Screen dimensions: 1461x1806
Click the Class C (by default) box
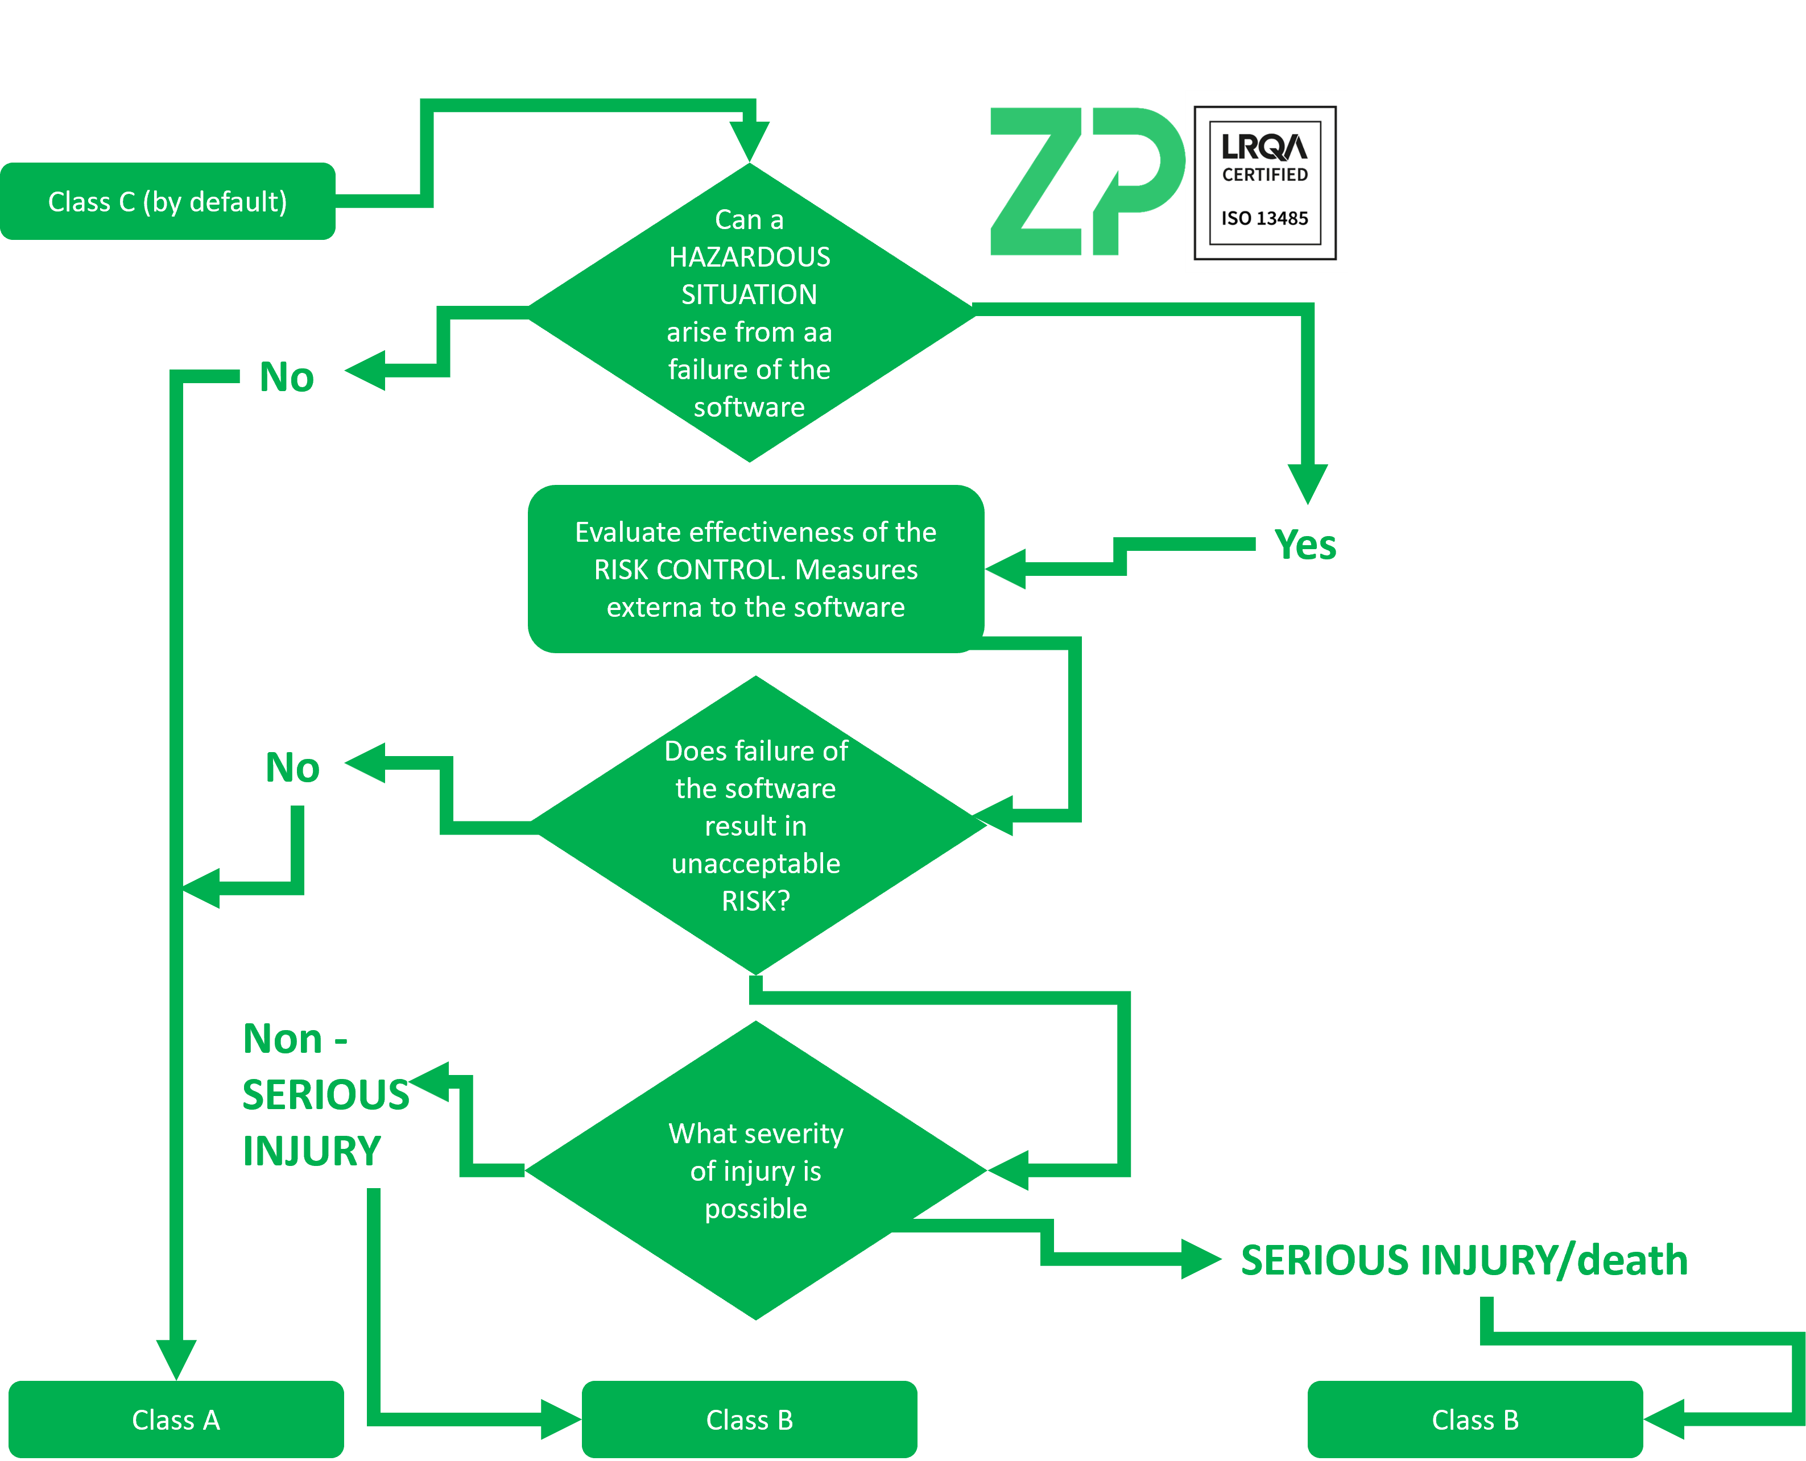[x=168, y=202]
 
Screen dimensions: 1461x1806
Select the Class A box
[x=176, y=1420]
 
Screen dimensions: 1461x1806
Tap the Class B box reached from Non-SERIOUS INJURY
[x=749, y=1420]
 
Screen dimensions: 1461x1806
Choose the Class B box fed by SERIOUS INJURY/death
[x=1475, y=1420]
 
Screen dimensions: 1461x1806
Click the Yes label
[x=1305, y=545]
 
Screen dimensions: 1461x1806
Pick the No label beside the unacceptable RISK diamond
[x=292, y=767]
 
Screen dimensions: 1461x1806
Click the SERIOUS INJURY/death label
[x=1464, y=1260]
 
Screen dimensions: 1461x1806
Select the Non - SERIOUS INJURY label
[x=324, y=1095]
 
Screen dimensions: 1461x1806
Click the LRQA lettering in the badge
[x=1264, y=147]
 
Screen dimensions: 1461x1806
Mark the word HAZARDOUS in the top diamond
[x=749, y=257]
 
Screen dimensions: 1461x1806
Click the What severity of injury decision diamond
[x=755, y=1171]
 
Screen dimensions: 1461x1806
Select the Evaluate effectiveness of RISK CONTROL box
[x=755, y=570]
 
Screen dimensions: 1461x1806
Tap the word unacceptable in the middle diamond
[x=755, y=864]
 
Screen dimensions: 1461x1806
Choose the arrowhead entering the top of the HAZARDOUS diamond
[x=749, y=140]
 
